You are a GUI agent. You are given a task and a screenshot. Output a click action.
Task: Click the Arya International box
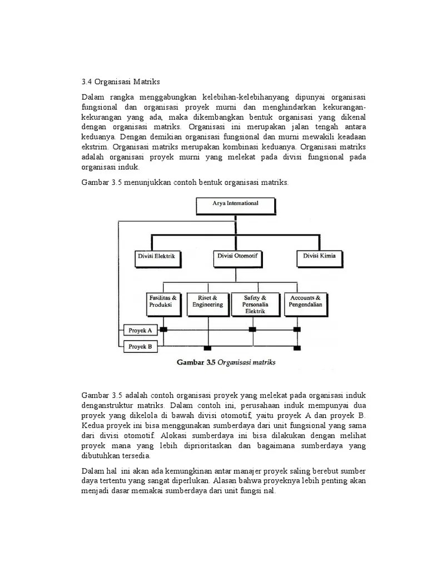point(235,207)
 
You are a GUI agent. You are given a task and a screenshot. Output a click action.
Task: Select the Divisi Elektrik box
point(156,257)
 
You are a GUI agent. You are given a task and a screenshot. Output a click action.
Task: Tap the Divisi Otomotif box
point(238,257)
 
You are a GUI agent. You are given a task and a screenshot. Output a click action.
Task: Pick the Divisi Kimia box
point(319,257)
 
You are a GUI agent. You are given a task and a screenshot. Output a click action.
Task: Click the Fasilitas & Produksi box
point(163,303)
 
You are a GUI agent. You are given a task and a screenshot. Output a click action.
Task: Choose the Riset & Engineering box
point(207,303)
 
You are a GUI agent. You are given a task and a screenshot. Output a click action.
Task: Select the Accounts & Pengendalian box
point(306,303)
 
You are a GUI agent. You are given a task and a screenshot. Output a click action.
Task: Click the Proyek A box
point(140,330)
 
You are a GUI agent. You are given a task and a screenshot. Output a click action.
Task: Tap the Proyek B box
point(140,347)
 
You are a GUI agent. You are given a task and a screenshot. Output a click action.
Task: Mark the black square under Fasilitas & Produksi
point(163,330)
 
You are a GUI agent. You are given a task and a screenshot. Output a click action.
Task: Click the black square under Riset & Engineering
point(207,348)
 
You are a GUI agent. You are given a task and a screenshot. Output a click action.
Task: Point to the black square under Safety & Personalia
point(252,330)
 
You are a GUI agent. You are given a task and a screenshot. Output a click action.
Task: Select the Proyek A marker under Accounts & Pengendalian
point(297,330)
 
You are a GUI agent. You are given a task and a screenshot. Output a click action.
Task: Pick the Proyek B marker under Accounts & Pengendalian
point(297,348)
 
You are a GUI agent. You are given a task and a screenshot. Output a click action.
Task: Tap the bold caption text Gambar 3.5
point(196,362)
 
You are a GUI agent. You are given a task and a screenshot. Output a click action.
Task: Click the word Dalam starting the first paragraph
point(93,97)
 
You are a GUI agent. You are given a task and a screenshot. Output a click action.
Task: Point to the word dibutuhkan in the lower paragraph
point(101,455)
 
